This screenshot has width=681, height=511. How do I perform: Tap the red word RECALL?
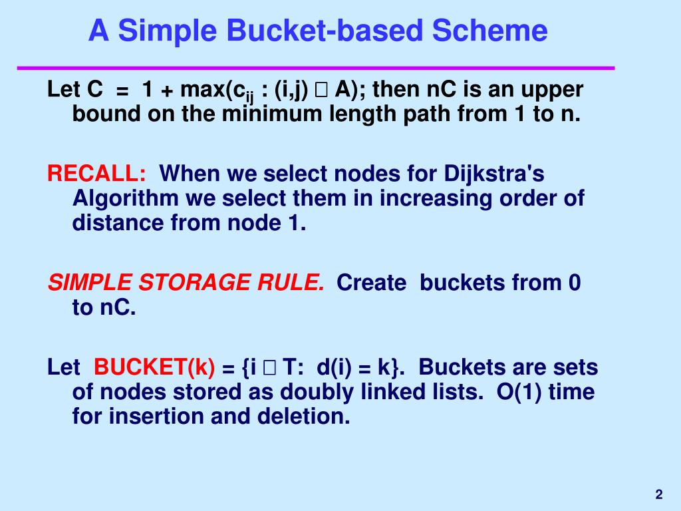point(97,174)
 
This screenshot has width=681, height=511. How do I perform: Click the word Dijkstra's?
point(494,174)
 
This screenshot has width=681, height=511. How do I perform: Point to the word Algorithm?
point(126,199)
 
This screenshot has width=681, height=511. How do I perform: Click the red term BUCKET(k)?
point(154,367)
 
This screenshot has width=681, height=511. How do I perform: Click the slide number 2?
point(658,494)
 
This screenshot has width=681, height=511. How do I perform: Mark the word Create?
point(371,283)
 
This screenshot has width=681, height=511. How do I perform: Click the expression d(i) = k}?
point(359,367)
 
